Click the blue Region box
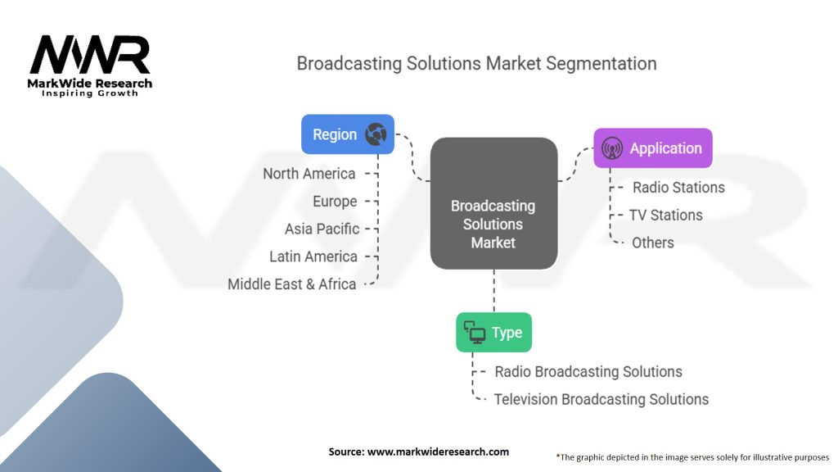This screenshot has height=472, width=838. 347,134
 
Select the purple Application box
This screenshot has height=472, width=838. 652,148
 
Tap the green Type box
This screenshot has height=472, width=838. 493,333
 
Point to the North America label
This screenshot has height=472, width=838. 309,174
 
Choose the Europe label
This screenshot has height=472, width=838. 335,202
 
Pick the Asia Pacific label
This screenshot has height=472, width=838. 322,229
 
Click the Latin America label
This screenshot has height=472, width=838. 313,257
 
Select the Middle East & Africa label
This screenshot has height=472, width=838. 292,285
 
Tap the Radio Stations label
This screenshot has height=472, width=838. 678,188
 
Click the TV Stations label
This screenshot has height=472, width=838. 665,216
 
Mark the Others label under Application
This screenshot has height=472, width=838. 653,243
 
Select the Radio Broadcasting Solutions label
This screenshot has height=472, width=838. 588,372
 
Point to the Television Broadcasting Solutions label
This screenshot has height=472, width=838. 601,400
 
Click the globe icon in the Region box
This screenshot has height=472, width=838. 376,134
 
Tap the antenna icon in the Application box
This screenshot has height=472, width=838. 611,149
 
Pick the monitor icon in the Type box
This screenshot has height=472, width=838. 475,332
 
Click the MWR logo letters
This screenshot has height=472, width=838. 90,56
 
